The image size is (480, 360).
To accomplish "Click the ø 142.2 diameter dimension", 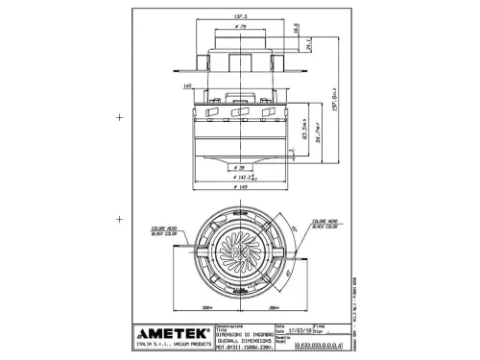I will (244, 177).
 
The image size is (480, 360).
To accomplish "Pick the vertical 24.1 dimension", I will (307, 43).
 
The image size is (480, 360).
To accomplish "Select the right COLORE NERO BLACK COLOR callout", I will (324, 225).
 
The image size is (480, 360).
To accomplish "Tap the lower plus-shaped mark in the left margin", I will (119, 220).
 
